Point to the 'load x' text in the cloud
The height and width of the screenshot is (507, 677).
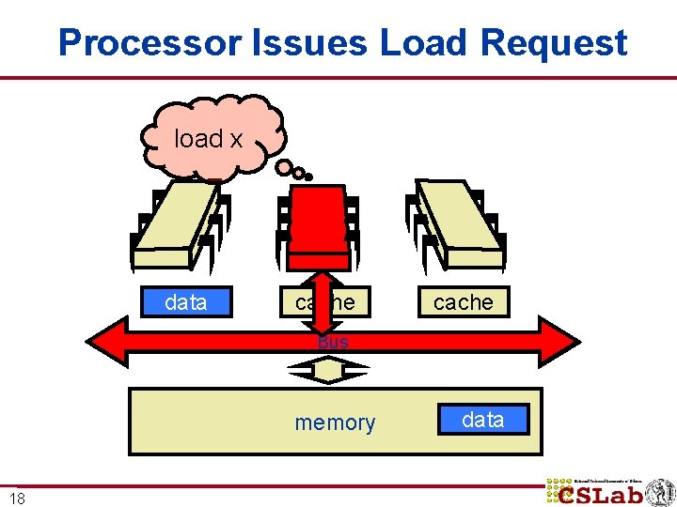[209, 139]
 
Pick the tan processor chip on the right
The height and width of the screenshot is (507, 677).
[459, 223]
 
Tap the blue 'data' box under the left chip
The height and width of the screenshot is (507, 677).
[186, 302]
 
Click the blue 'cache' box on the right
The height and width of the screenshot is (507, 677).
[464, 302]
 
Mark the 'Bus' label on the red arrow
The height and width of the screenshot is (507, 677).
[333, 343]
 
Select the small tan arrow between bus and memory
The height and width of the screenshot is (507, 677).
[329, 372]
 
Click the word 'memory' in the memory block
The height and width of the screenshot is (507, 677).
[335, 422]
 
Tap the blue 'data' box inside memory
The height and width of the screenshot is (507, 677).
[483, 420]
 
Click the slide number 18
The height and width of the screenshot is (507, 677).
[17, 498]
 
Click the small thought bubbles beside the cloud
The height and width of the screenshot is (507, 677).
[293, 170]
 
